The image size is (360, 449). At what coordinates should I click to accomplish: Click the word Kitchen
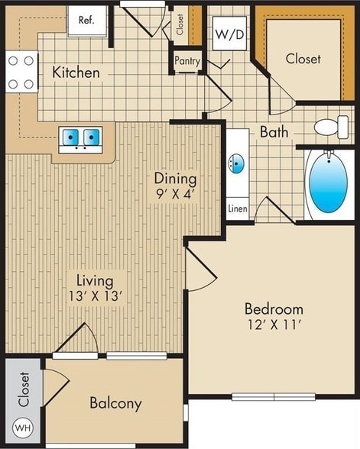(76, 73)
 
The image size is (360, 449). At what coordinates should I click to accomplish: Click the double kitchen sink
(81, 137)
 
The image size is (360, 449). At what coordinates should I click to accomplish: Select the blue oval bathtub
(329, 183)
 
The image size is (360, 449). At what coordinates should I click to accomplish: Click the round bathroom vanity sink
(236, 163)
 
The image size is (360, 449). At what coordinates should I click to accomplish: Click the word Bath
(274, 132)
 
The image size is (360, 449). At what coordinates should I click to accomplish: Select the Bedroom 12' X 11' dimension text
(273, 318)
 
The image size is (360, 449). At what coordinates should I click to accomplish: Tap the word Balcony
(115, 403)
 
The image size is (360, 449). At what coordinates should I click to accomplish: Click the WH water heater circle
(24, 428)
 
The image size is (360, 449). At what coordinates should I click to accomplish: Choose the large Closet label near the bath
(303, 59)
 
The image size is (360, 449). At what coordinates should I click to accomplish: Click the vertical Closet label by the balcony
(24, 389)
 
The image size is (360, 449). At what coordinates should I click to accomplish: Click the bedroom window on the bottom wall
(262, 396)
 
